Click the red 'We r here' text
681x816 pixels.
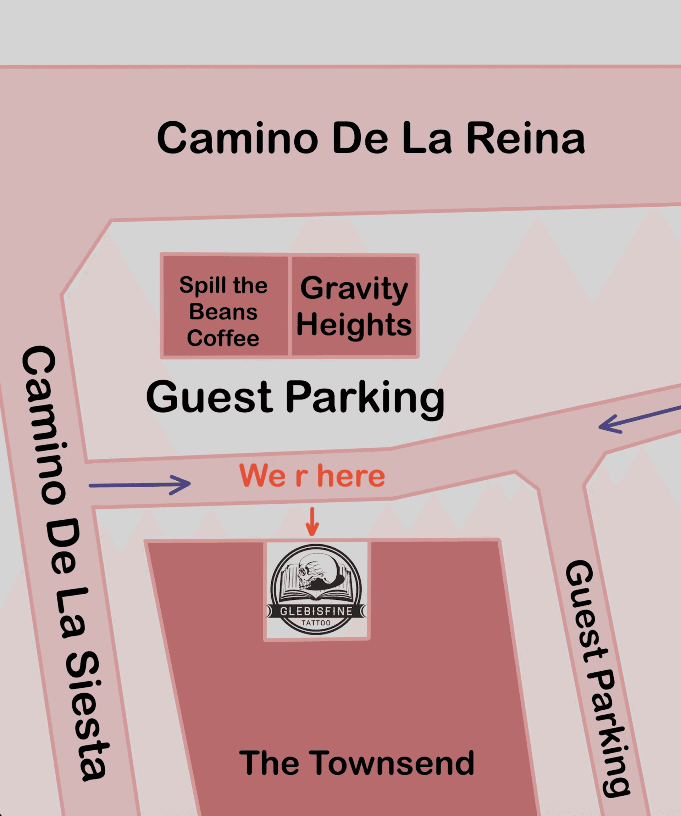click(312, 476)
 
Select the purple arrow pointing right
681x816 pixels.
click(140, 485)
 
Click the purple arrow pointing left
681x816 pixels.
click(637, 419)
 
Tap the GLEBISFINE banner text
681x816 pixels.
click(316, 611)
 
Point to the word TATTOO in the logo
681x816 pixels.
click(316, 623)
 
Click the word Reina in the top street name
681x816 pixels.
click(526, 138)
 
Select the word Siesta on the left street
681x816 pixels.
click(88, 715)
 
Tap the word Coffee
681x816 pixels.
click(223, 338)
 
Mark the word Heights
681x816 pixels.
click(354, 325)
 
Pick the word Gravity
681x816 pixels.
click(354, 288)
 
